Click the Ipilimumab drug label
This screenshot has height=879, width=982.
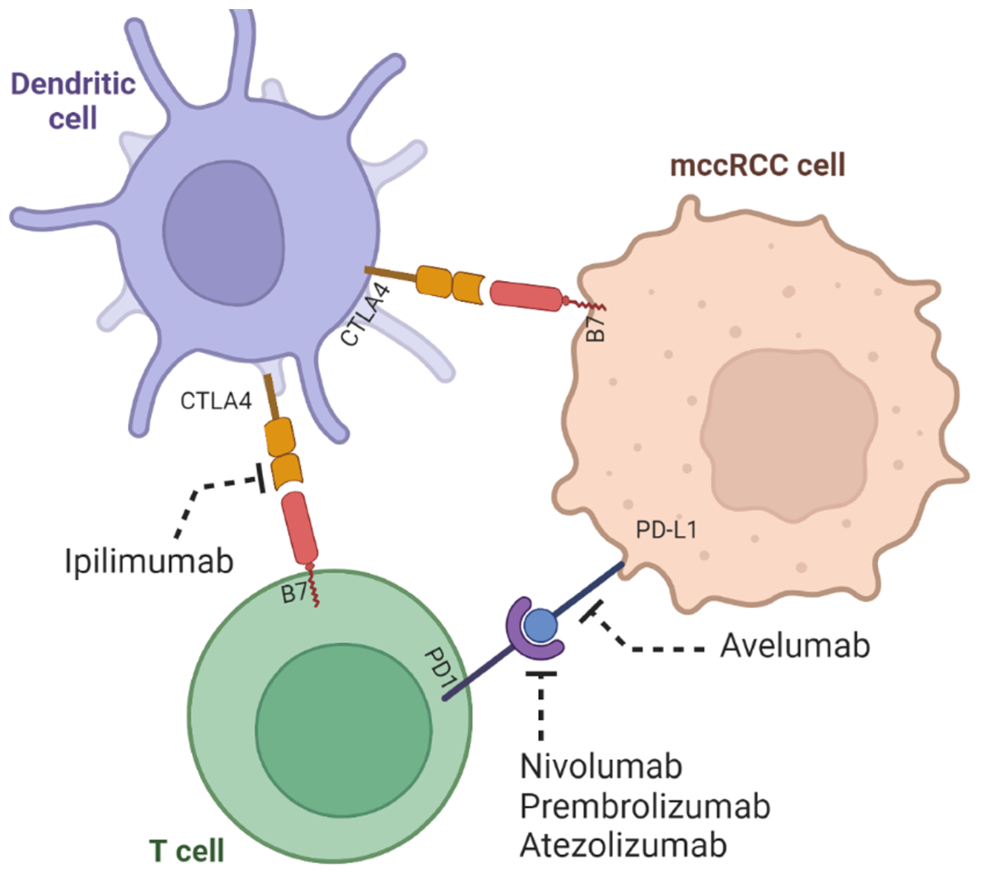[x=149, y=561]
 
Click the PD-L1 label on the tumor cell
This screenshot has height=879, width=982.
[x=666, y=530]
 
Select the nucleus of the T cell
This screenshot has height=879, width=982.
[x=343, y=730]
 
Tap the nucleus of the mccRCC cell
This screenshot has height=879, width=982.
[x=788, y=435]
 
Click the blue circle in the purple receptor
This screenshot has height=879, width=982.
[x=541, y=626]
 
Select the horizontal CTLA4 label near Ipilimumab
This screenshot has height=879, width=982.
[x=216, y=400]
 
